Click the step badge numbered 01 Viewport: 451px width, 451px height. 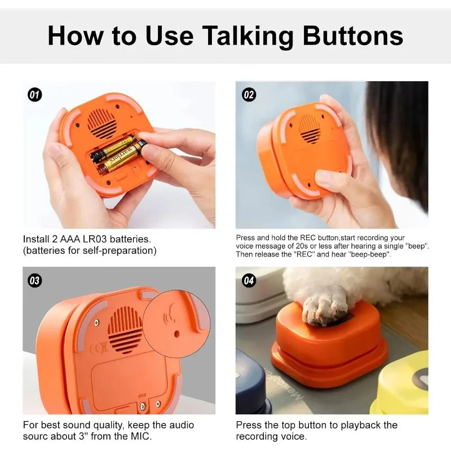click(35, 95)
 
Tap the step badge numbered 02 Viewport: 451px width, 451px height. click(249, 95)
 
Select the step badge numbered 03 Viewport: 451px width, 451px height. click(35, 280)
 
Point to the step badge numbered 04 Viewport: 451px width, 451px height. click(249, 280)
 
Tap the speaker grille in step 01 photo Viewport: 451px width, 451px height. click(101, 122)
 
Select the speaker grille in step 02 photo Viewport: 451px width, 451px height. click(309, 129)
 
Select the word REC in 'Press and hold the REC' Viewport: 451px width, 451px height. click(304, 238)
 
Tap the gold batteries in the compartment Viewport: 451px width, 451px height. click(116, 154)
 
